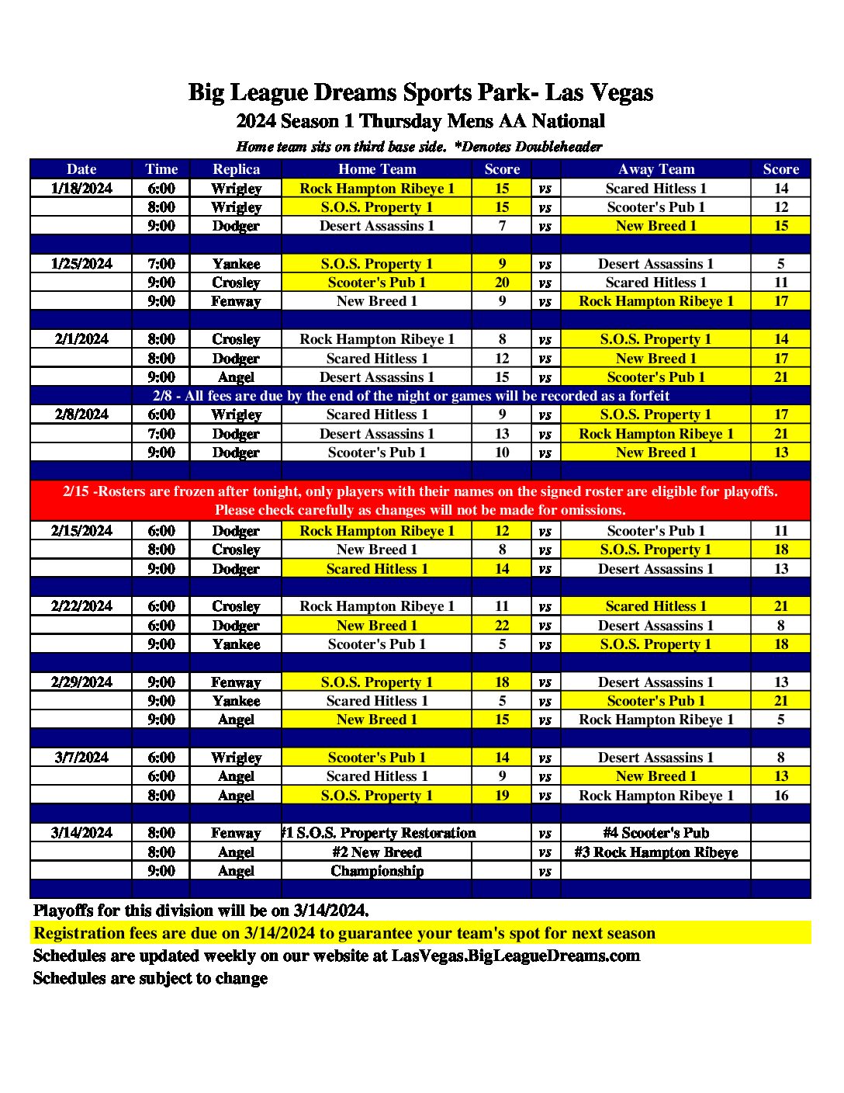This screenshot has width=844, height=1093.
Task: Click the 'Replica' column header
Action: coord(236,169)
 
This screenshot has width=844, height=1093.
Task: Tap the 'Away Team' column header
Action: coord(655,169)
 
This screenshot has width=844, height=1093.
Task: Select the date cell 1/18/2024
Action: coord(81,188)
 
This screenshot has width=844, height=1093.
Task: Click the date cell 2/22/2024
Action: coord(81,606)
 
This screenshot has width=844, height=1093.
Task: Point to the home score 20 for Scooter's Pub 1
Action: coord(502,283)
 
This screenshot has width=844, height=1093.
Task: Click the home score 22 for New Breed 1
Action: coord(502,625)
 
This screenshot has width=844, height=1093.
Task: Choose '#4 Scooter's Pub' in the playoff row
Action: coord(655,833)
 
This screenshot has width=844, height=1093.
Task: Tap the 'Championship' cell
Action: coord(377,871)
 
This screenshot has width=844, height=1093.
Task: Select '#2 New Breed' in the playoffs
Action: coord(377,852)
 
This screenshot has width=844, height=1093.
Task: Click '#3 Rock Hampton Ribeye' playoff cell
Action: coord(655,852)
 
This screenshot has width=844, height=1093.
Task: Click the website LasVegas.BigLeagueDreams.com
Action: coord(516,956)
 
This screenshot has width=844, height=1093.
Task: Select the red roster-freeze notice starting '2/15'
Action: coord(420,501)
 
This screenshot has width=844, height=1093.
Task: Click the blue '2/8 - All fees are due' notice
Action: coord(410,396)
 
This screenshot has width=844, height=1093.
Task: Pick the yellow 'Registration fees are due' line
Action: coord(344,933)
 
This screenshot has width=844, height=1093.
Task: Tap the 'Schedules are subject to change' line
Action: coord(150,978)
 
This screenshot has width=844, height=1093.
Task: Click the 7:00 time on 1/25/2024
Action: coord(161,264)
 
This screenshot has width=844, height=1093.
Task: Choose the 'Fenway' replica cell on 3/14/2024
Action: coord(236,833)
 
